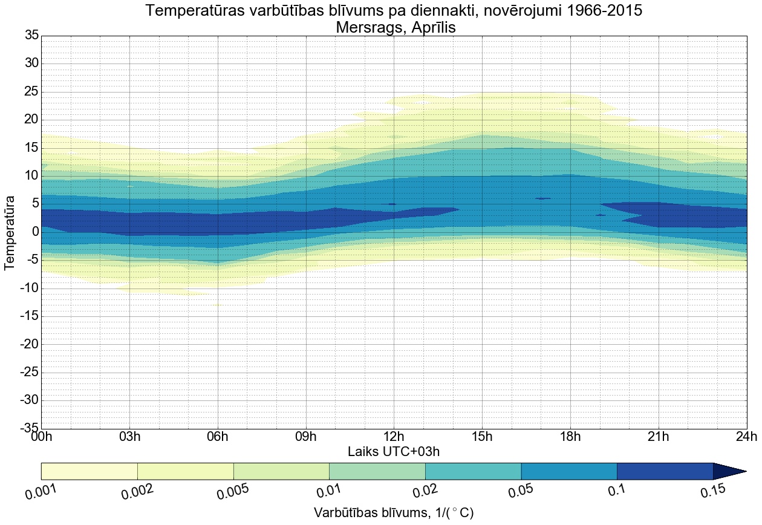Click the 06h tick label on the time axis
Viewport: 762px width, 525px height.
[x=217, y=437]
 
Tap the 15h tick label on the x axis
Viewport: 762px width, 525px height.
[x=482, y=437]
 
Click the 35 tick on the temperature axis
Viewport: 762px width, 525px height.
[x=31, y=36]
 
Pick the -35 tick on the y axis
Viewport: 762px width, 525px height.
[x=29, y=429]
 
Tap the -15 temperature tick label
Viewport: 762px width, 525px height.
[x=29, y=316]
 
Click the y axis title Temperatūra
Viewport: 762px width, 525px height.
[x=10, y=232]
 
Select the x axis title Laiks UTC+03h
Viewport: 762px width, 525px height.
[x=394, y=452]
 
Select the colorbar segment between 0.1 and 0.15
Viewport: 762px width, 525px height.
[x=665, y=471]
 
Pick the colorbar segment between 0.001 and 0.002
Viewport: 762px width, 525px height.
[x=90, y=471]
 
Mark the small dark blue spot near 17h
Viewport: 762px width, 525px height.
[x=542, y=198]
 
